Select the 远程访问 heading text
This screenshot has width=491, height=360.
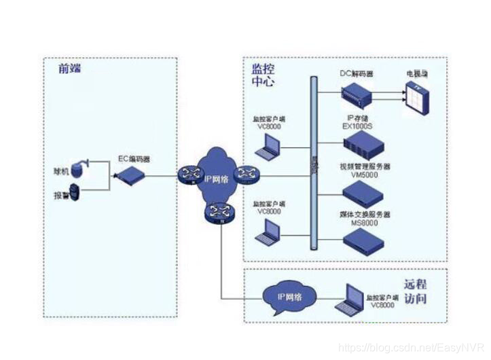(x=415, y=291)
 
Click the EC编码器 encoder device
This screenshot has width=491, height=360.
(x=130, y=176)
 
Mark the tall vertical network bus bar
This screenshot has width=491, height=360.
(x=314, y=163)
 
